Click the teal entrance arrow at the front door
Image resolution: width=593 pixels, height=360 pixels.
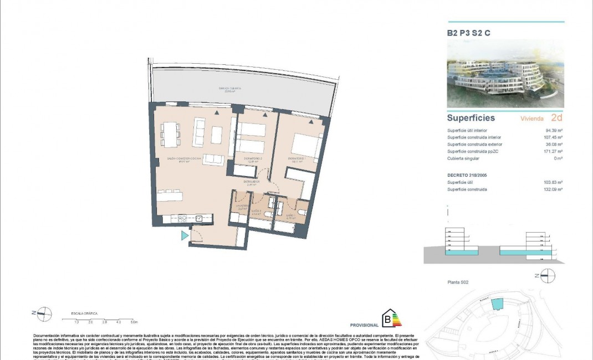[185, 236]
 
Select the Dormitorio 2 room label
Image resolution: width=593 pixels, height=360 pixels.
[252, 159]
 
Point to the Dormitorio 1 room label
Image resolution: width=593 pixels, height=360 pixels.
[298, 159]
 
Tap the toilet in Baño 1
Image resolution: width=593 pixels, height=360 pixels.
[303, 211]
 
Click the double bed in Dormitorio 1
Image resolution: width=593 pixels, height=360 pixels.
[305, 145]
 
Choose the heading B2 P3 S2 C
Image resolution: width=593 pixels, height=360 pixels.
[468, 33]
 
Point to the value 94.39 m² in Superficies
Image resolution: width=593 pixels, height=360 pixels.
[552, 131]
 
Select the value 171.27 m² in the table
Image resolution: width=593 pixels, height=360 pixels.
[552, 151]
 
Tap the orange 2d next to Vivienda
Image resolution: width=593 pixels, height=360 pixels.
[556, 118]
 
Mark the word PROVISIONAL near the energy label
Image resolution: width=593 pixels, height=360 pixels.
[364, 325]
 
